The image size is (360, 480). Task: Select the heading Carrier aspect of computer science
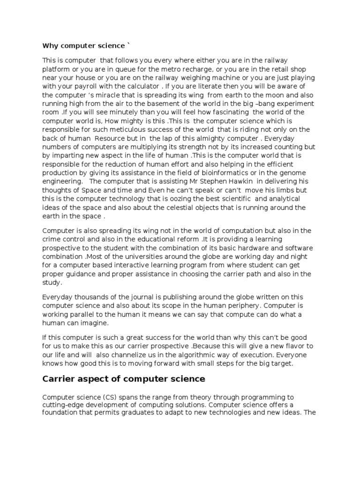pos(124,379)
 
